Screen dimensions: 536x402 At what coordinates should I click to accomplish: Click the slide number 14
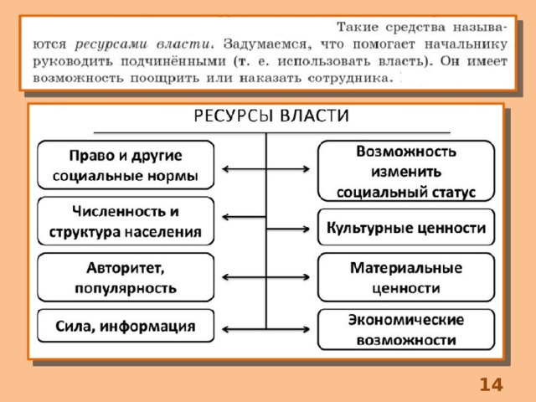pos(492,384)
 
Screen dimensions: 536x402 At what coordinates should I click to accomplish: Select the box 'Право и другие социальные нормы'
pos(126,165)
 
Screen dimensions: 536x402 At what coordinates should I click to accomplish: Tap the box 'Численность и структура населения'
pos(126,221)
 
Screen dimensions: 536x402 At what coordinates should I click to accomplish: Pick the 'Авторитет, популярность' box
pos(126,277)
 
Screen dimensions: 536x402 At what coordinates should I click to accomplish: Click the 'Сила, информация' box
pos(126,326)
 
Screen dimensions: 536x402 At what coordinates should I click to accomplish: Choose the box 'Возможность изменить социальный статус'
pos(406,171)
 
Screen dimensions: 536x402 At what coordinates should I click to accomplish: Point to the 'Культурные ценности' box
pos(406,227)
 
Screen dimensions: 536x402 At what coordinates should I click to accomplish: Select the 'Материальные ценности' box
pos(406,277)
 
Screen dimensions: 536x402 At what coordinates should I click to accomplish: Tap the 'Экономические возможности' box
pos(406,329)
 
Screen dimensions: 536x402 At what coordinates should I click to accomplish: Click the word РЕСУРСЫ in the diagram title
pos(234,116)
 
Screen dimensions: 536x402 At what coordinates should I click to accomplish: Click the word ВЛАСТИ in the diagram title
pos(315,116)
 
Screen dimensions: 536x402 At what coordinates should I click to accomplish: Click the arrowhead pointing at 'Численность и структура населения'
pos(226,217)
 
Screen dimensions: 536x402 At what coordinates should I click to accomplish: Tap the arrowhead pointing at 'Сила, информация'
pos(226,329)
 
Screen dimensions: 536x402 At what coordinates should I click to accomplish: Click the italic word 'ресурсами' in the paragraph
pos(111,44)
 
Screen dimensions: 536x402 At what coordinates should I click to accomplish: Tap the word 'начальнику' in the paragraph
pos(466,44)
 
